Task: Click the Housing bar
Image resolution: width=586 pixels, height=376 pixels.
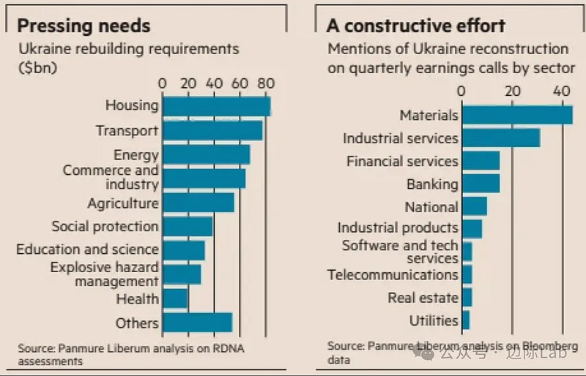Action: (x=216, y=106)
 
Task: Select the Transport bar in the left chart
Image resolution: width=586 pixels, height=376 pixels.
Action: (x=212, y=131)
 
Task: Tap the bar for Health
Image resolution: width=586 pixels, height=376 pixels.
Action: (x=175, y=298)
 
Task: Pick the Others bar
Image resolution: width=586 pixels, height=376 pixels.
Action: (x=197, y=323)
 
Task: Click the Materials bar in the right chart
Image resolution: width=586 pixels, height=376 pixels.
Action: (x=517, y=116)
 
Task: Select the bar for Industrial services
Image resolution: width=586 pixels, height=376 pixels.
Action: (x=501, y=138)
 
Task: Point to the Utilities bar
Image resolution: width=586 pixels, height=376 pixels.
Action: (x=466, y=320)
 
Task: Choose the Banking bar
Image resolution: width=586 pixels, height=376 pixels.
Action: (x=481, y=184)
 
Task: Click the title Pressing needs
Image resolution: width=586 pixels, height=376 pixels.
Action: (x=84, y=26)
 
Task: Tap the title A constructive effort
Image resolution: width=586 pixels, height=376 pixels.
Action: (x=416, y=26)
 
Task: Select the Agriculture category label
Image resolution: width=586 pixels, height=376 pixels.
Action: (x=123, y=203)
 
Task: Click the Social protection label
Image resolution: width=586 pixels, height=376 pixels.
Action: (x=105, y=227)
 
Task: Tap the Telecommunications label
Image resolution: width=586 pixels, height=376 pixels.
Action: (x=393, y=275)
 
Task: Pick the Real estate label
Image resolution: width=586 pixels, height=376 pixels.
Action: (x=423, y=298)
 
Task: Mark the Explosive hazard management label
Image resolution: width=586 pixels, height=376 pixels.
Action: (x=104, y=274)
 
